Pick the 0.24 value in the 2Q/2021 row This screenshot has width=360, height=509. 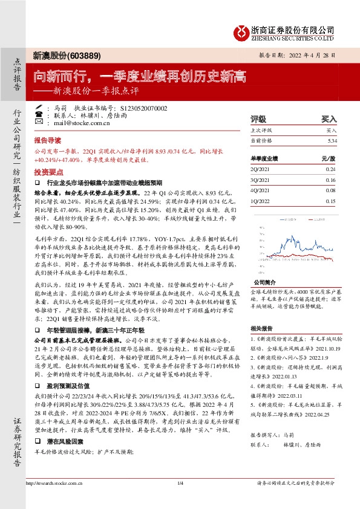[x=330, y=169]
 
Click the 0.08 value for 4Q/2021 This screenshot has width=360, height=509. [x=330, y=190]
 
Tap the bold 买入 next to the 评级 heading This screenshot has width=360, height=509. [x=329, y=119]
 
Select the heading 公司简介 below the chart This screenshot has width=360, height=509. [x=264, y=282]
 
